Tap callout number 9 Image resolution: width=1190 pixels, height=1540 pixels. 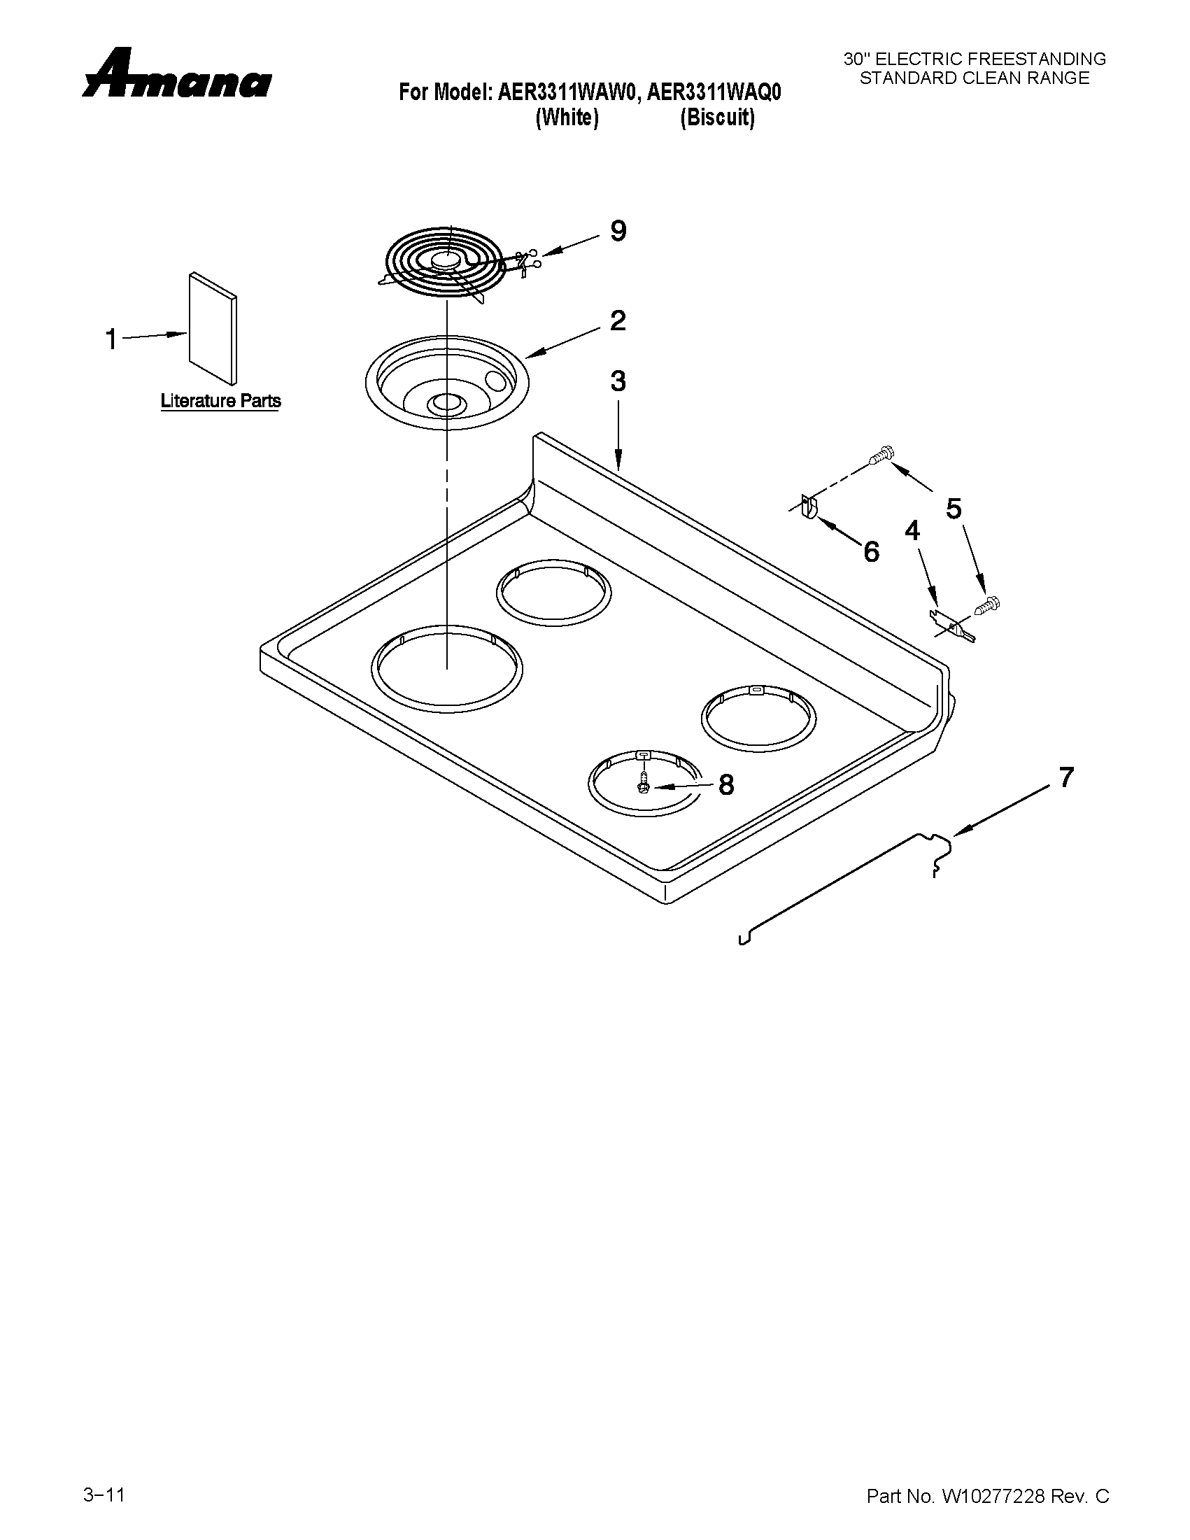coord(618,231)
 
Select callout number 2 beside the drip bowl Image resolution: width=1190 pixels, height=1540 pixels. coord(618,321)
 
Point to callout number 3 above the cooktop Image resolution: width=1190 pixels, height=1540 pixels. coord(618,381)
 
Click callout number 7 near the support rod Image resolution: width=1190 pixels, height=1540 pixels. coord(1066,777)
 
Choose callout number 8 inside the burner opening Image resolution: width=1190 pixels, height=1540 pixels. coord(726,784)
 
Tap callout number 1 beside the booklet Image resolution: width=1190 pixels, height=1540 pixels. coord(111,339)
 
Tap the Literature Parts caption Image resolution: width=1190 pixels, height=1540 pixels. coord(220,400)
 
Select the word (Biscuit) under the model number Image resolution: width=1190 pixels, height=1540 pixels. coord(717,118)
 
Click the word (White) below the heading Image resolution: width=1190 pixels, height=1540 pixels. coord(567,118)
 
